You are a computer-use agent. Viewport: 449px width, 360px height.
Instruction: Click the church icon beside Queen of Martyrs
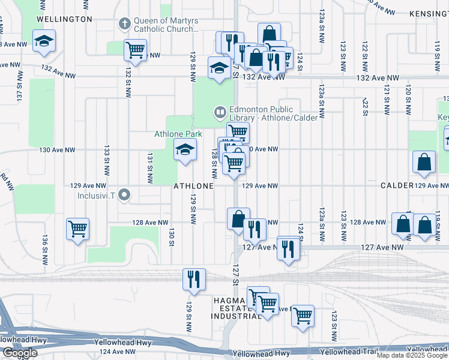point(124,24)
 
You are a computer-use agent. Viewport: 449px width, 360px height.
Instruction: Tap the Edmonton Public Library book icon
point(220,112)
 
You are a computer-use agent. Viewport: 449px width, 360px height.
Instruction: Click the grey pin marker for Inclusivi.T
point(124,194)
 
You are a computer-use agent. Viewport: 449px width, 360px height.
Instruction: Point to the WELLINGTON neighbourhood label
point(64,19)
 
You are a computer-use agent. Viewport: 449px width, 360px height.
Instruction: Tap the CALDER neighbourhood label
point(397,186)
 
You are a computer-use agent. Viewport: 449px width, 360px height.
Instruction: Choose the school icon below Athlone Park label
point(185,149)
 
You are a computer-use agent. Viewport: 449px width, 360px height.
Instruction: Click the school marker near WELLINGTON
point(43,41)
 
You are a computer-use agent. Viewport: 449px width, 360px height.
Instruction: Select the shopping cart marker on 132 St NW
point(136,50)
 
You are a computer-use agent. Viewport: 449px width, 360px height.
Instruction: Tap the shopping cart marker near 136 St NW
point(77,228)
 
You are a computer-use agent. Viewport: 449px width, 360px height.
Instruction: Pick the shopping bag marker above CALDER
point(424,161)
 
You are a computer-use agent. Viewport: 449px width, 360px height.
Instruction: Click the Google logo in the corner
point(19,353)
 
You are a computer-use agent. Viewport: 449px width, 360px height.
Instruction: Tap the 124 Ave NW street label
point(118,352)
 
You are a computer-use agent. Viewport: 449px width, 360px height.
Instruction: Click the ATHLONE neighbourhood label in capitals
point(193,186)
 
